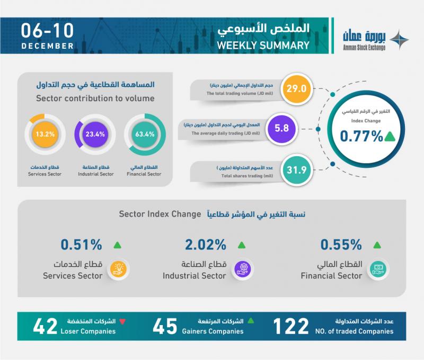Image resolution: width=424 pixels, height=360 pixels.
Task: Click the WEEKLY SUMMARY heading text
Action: (x=263, y=45)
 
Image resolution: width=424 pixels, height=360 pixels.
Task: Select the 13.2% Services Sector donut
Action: (x=44, y=134)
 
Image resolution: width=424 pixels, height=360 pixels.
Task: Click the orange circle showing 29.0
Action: (x=296, y=88)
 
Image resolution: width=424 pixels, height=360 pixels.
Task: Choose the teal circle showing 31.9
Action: (x=296, y=169)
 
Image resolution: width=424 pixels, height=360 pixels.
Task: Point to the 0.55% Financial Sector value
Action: (x=341, y=245)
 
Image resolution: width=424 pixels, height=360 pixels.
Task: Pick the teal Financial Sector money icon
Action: (x=376, y=269)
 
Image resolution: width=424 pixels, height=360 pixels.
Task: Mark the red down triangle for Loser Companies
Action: (x=122, y=321)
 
